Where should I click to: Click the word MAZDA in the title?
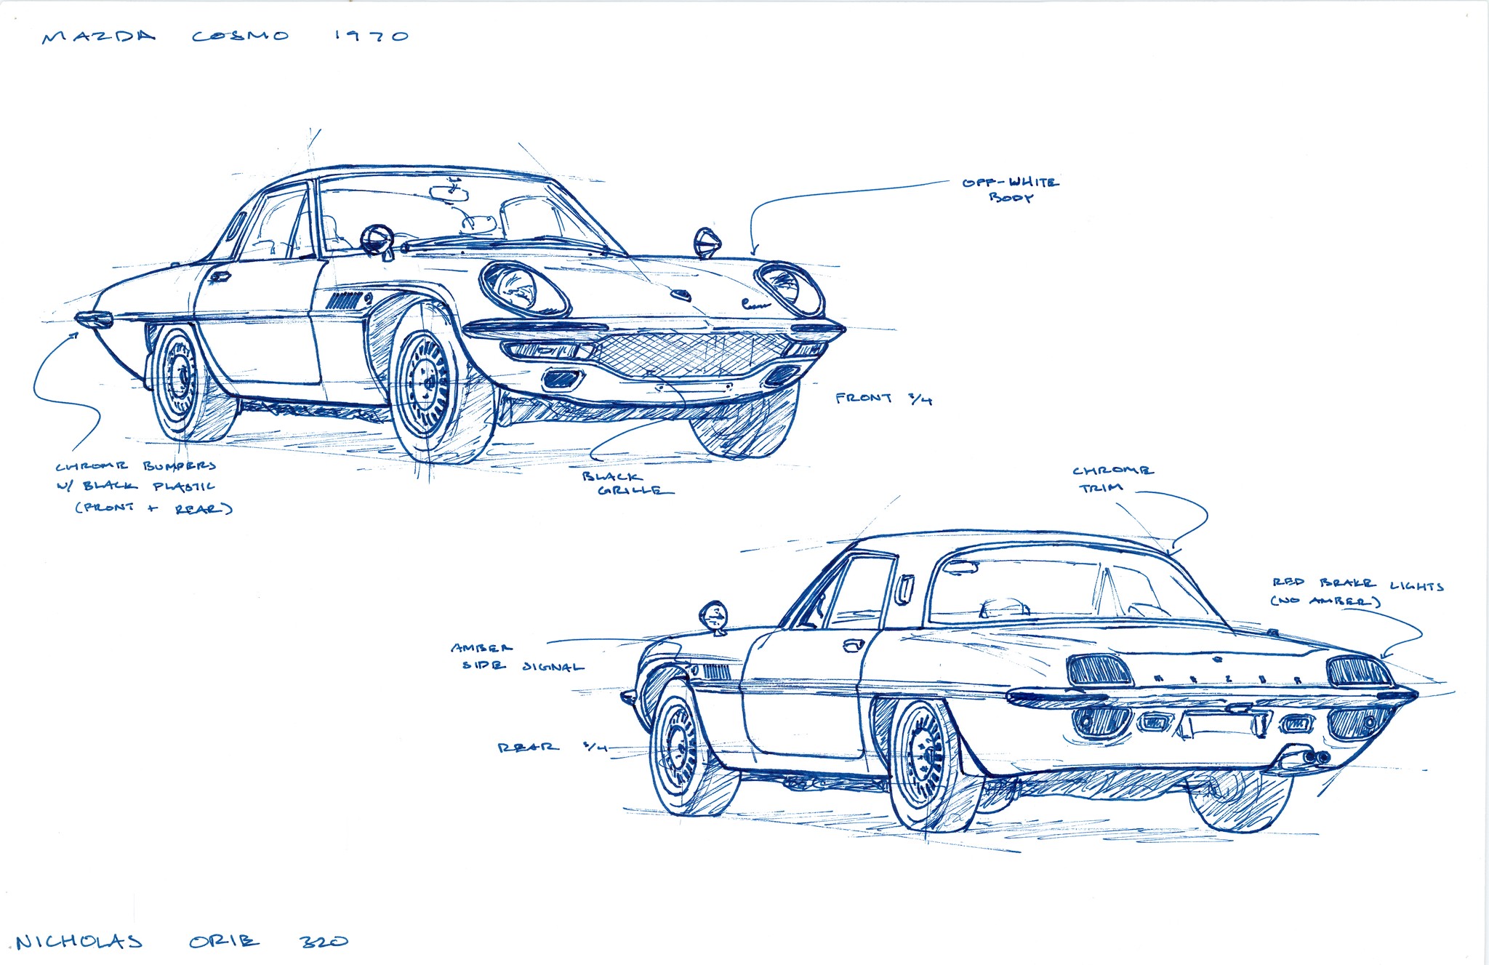(x=99, y=36)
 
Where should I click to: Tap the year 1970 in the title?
(x=372, y=36)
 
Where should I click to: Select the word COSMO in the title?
(x=241, y=36)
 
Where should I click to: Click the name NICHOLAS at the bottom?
(x=79, y=942)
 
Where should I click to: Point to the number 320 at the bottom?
(x=324, y=941)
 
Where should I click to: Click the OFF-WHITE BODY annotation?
(x=1011, y=189)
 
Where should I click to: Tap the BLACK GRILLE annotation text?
(x=627, y=484)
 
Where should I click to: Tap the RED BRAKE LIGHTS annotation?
(x=1357, y=591)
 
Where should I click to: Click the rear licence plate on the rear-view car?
(x=1222, y=724)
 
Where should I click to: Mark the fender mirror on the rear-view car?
(x=714, y=616)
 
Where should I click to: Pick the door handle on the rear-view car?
(x=853, y=644)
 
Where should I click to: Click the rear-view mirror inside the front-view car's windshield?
(x=449, y=192)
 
